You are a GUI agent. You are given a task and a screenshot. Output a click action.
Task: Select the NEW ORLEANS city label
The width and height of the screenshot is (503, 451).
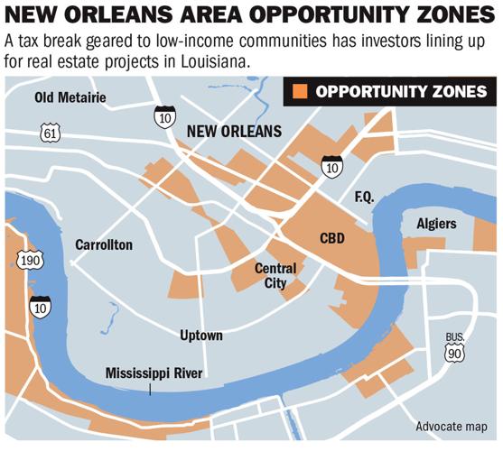[233, 132]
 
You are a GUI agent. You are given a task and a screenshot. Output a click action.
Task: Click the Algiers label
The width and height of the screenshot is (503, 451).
[437, 224]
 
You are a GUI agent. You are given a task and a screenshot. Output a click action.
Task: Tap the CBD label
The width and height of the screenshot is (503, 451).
[333, 239]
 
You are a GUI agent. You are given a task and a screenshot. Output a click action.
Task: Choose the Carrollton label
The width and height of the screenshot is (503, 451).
[106, 244]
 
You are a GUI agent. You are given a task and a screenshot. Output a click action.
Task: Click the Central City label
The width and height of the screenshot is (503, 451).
[275, 275]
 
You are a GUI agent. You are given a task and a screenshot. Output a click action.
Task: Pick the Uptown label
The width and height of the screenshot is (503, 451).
[200, 336]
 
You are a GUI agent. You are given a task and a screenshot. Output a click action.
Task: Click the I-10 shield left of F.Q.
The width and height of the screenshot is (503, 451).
[331, 165]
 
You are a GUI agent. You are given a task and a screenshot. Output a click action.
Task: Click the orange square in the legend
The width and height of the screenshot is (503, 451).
[300, 91]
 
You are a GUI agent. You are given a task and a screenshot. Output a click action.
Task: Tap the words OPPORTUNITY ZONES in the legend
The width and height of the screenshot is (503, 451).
[402, 91]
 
